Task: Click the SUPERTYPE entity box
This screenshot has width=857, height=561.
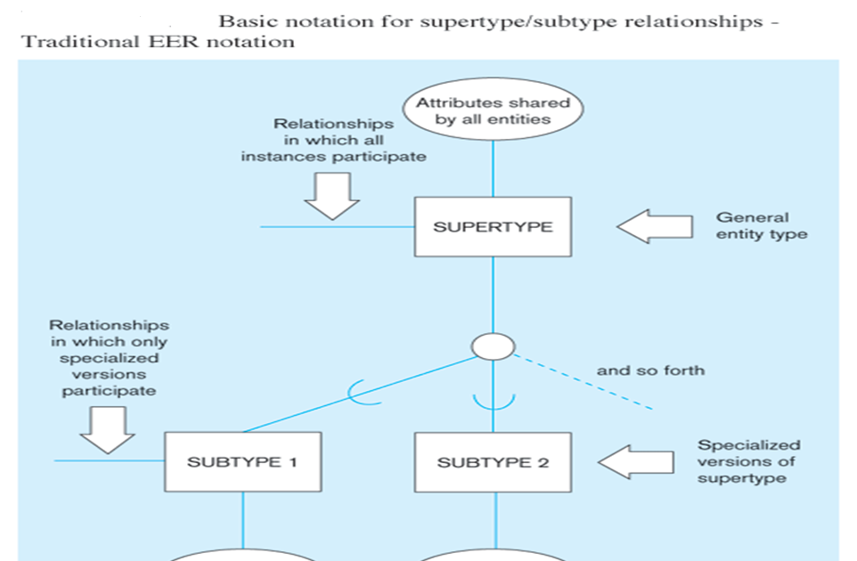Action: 493,227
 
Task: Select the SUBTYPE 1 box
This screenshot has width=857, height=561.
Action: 242,462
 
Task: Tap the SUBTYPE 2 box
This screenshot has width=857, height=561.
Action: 493,462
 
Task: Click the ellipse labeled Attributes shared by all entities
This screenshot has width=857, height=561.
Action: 493,112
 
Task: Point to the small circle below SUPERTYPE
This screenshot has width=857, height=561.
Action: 493,346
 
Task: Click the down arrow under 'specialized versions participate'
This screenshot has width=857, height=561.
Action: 107,430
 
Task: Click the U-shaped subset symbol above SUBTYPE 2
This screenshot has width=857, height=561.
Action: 493,400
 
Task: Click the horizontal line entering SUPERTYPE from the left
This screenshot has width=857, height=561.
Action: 339,227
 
